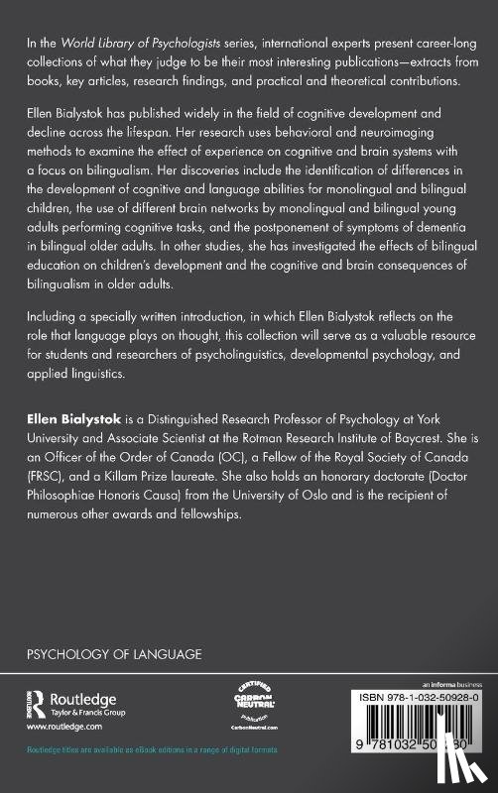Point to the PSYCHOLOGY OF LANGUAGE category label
point(115,654)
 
